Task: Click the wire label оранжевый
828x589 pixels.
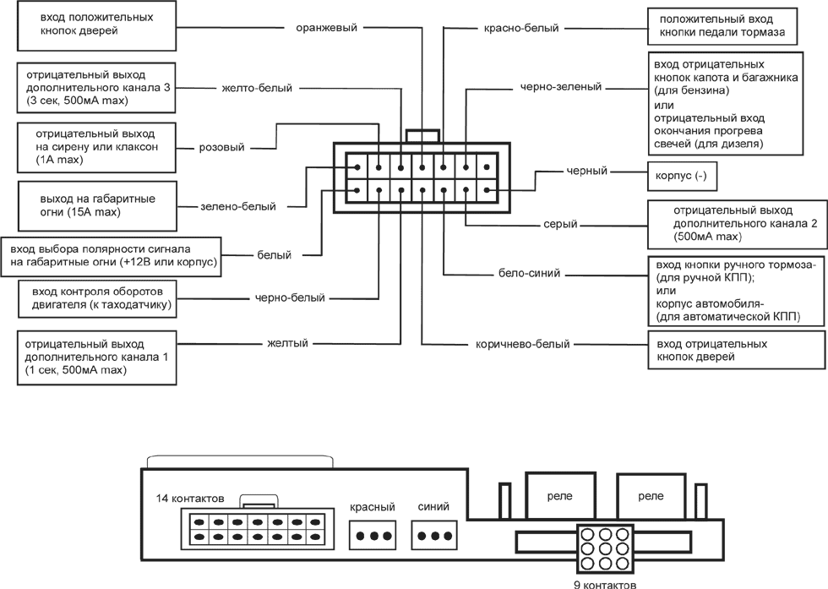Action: click(326, 27)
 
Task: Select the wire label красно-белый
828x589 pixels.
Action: click(521, 28)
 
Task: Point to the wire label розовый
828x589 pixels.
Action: click(221, 147)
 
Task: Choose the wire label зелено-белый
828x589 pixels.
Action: click(232, 205)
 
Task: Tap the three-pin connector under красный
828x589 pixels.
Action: click(373, 536)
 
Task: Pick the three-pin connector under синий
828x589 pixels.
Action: click(434, 536)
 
